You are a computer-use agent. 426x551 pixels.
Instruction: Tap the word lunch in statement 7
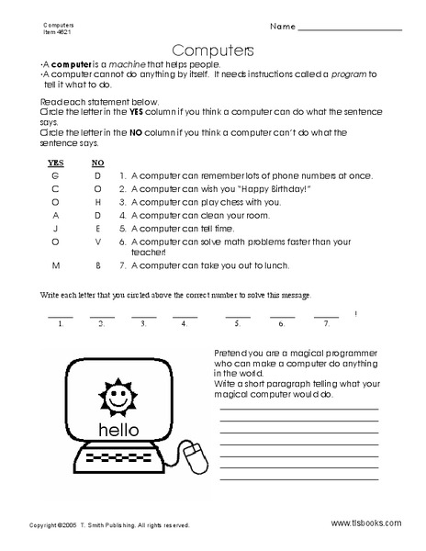tap(273, 266)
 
